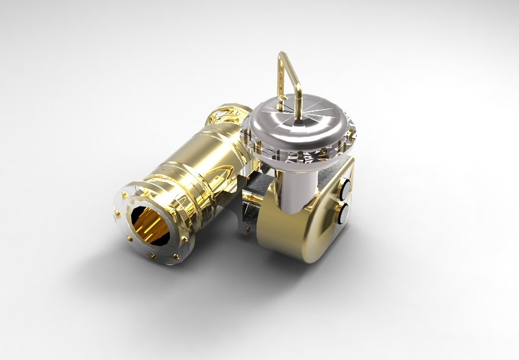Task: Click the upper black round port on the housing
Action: tap(345, 187)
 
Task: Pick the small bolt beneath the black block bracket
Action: tap(248, 228)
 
